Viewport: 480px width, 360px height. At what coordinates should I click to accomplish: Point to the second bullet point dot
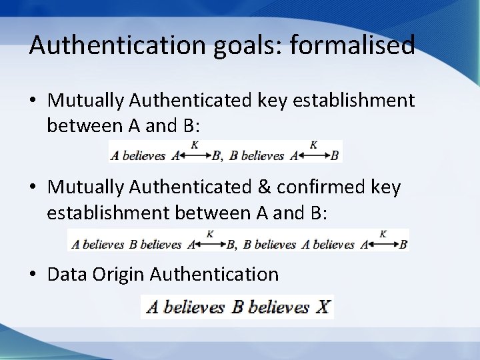[x=34, y=189]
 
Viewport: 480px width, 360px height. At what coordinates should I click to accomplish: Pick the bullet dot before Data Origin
[x=34, y=274]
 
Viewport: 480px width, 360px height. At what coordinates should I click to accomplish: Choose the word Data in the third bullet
[x=67, y=274]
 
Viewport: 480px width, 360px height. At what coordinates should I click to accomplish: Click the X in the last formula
[x=323, y=307]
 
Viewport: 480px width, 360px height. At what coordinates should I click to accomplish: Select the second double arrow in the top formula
[x=314, y=155]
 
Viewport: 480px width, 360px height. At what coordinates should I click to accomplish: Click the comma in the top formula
[x=222, y=157]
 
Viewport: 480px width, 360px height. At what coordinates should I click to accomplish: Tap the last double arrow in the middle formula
[x=383, y=244]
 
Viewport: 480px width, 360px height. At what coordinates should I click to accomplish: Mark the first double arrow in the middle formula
[x=210, y=244]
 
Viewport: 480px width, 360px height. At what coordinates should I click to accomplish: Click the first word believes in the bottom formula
[x=194, y=307]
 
